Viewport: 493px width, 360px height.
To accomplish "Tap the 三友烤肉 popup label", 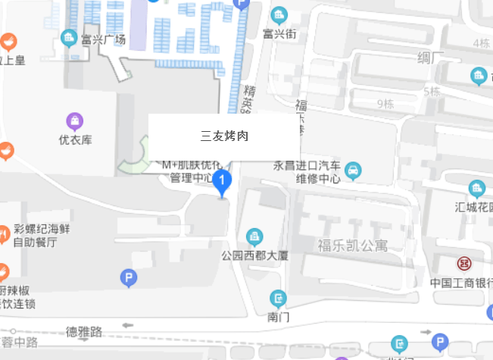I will [224, 136].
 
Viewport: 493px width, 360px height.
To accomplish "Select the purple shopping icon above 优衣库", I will [74, 121].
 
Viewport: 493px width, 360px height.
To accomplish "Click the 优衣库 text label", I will [75, 139].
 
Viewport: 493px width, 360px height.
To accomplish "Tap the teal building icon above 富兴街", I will [279, 14].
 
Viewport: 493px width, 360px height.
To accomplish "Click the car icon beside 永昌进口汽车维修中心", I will [352, 171].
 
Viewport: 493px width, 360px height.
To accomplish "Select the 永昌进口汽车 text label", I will [304, 166].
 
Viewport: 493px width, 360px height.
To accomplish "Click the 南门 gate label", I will [279, 316].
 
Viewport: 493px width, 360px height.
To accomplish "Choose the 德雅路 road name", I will [83, 331].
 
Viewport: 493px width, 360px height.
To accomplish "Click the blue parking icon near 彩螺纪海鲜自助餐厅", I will [129, 279].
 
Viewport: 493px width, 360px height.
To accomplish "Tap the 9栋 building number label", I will [385, 104].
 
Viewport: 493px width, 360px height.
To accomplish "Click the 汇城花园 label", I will [471, 207].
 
